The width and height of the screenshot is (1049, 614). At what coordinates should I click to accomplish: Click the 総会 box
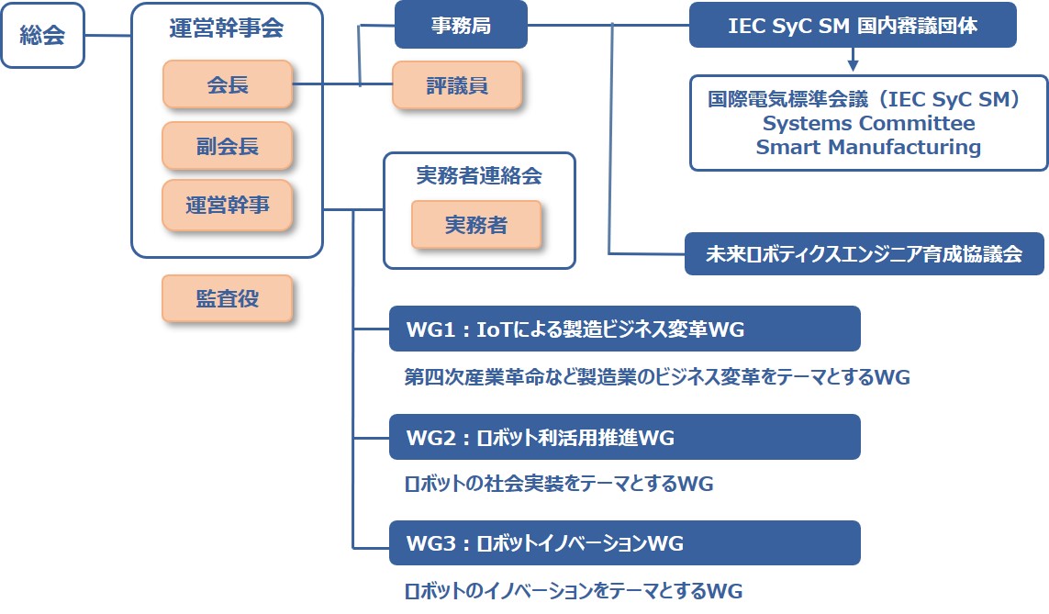(42, 35)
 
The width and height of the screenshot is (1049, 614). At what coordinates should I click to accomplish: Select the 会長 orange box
(228, 84)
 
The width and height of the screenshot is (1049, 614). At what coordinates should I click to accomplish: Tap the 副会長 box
(228, 146)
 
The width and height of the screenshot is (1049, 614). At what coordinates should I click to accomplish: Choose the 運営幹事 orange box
(228, 205)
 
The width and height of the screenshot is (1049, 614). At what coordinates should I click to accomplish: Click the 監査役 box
(228, 298)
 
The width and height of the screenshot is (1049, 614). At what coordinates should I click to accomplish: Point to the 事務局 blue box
(461, 25)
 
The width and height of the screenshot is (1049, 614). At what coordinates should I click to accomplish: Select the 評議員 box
(457, 85)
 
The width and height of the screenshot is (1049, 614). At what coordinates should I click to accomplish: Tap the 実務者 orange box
(476, 225)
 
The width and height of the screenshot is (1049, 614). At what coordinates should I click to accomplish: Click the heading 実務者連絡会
(479, 175)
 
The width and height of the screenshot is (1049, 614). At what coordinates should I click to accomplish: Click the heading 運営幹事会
(227, 28)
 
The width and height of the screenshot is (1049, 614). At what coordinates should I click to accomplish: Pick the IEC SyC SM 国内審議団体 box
(853, 25)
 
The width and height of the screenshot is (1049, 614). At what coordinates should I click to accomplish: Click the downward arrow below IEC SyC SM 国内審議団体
(853, 59)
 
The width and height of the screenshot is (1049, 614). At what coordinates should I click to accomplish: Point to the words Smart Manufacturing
(868, 147)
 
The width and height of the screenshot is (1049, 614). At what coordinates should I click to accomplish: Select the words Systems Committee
(868, 123)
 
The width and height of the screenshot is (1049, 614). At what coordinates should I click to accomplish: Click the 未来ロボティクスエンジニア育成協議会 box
(865, 253)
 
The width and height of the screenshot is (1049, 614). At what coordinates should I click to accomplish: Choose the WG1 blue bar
(625, 329)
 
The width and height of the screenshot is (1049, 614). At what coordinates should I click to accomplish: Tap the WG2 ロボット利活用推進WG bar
(625, 437)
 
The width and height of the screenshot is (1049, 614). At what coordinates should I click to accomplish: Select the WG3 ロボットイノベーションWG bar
(625, 542)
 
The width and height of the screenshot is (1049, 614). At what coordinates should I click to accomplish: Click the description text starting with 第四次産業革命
(657, 376)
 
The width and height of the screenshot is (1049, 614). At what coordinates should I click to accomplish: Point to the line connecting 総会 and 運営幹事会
(107, 35)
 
